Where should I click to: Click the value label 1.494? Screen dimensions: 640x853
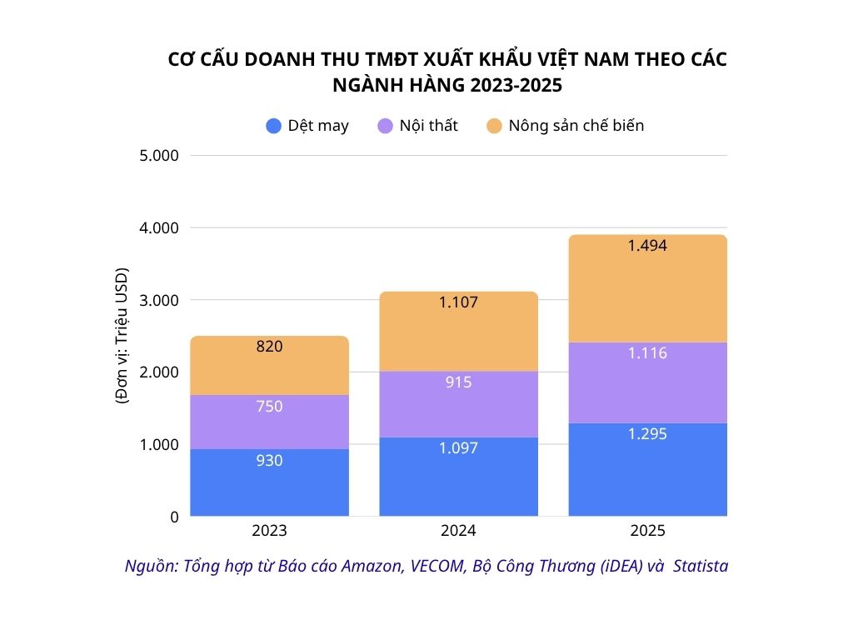point(647,246)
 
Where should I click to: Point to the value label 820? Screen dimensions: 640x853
point(269,346)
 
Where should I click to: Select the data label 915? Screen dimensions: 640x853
point(458,382)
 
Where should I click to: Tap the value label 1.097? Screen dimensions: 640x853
point(458,448)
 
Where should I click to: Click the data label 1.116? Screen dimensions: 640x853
point(647,353)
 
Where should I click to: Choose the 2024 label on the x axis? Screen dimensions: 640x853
point(458,531)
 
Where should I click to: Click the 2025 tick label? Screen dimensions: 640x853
point(647,531)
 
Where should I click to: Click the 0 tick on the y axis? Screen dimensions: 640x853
point(173,517)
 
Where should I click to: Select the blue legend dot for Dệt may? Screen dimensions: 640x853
point(273,127)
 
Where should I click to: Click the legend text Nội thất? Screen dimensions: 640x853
point(428,126)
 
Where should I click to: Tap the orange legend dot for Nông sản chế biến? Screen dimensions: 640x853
point(494,127)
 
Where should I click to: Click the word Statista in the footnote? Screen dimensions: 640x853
point(701,566)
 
